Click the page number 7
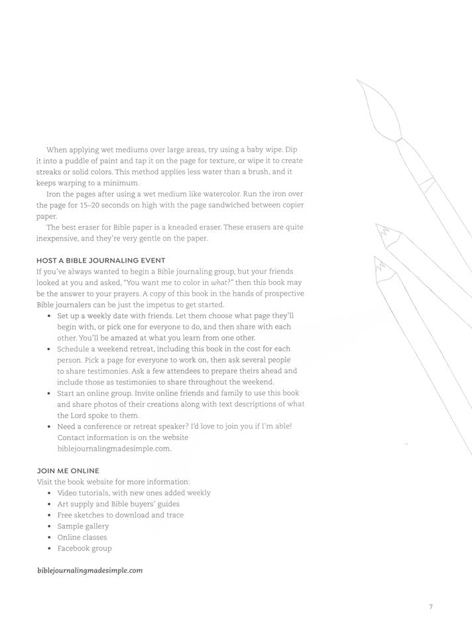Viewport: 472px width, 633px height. pos(430,605)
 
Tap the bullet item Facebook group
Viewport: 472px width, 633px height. pos(84,548)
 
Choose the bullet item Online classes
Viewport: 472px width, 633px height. pos(82,537)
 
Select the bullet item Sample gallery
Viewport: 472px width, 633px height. pos(83,526)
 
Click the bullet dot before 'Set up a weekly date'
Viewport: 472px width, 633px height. pos(51,317)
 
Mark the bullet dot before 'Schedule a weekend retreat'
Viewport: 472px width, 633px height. pos(51,349)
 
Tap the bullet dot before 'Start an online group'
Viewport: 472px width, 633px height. pos(51,393)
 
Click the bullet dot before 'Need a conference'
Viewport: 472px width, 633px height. pos(51,426)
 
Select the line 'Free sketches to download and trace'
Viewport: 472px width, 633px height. pos(120,515)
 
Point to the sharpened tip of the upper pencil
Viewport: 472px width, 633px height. pos(379,227)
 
